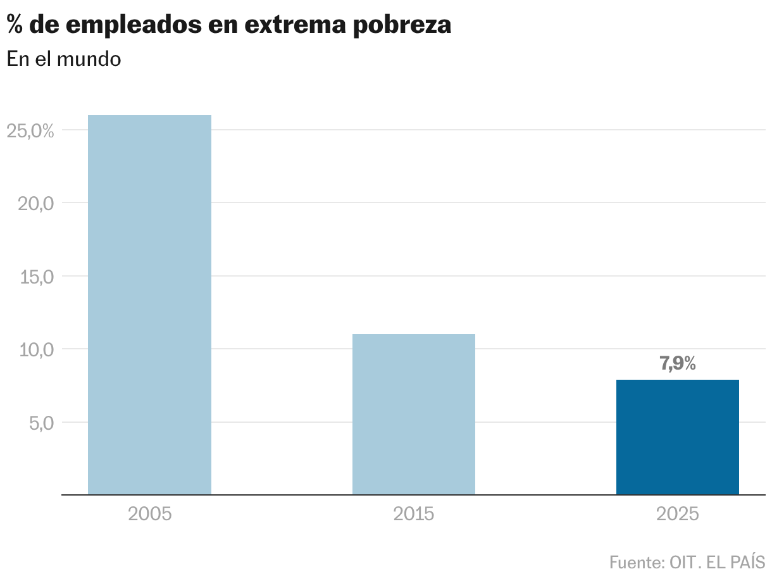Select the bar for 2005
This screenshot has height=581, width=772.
(149, 304)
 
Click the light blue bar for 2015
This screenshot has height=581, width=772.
(413, 414)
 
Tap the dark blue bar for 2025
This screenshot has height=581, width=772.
(677, 437)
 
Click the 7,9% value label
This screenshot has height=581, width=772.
(677, 364)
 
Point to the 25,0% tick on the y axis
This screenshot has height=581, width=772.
(30, 131)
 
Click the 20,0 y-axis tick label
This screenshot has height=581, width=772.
(34, 204)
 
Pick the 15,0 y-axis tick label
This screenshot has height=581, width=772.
(34, 277)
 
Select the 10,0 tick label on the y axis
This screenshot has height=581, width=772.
(34, 349)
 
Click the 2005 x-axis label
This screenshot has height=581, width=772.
(149, 513)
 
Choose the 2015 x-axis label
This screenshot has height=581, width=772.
(413, 513)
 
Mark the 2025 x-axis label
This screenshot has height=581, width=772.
(677, 513)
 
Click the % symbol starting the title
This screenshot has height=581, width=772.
(15, 25)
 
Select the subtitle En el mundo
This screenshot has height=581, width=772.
(63, 59)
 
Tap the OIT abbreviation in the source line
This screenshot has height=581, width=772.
(684, 561)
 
